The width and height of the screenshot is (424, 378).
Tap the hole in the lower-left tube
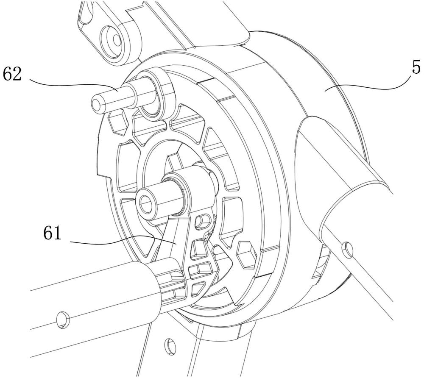point(63,320)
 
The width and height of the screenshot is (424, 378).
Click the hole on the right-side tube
point(347,250)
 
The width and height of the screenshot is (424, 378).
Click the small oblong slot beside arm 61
point(203,221)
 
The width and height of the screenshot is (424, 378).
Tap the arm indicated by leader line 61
point(173,238)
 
